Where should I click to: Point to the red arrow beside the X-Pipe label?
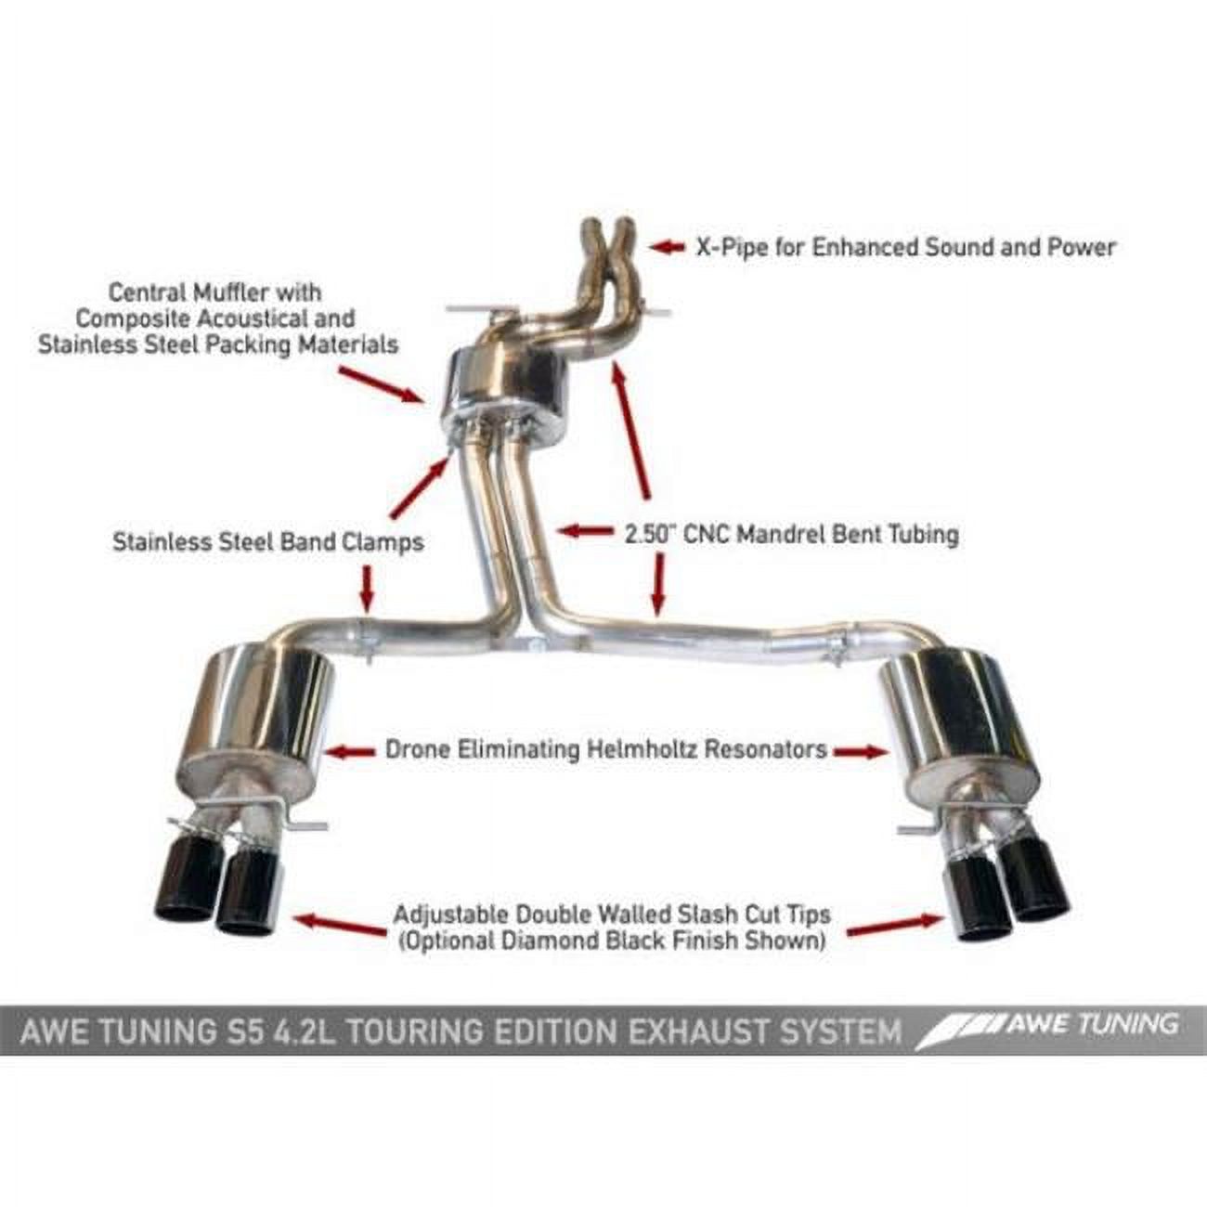pos(667,247)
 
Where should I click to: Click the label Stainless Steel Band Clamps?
pos(267,541)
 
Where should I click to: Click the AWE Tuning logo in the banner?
pos(1049,1026)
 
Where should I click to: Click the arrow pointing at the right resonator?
pos(859,750)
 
